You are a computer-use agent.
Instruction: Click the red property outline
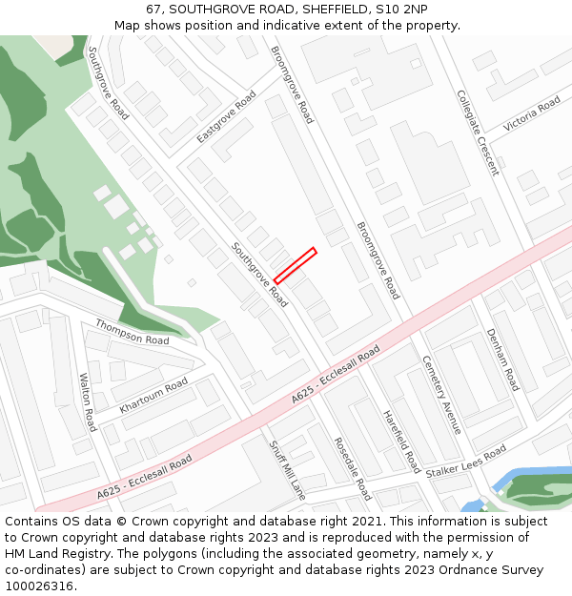pyautogui.click(x=295, y=265)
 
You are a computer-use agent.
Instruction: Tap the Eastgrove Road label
pyautogui.click(x=226, y=117)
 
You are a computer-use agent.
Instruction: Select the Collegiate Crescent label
pyautogui.click(x=477, y=134)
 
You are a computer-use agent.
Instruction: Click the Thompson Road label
pyautogui.click(x=132, y=332)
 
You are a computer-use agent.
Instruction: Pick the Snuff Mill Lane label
pyautogui.click(x=286, y=470)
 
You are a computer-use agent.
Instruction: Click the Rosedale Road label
pyautogui.click(x=352, y=468)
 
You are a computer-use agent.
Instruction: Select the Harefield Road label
pyautogui.click(x=401, y=442)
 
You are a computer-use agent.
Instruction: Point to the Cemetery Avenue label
pyautogui.click(x=441, y=395)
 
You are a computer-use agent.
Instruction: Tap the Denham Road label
pyautogui.click(x=502, y=360)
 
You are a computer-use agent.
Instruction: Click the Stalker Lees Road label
pyautogui.click(x=466, y=461)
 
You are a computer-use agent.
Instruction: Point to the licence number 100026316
pyautogui.click(x=39, y=586)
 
